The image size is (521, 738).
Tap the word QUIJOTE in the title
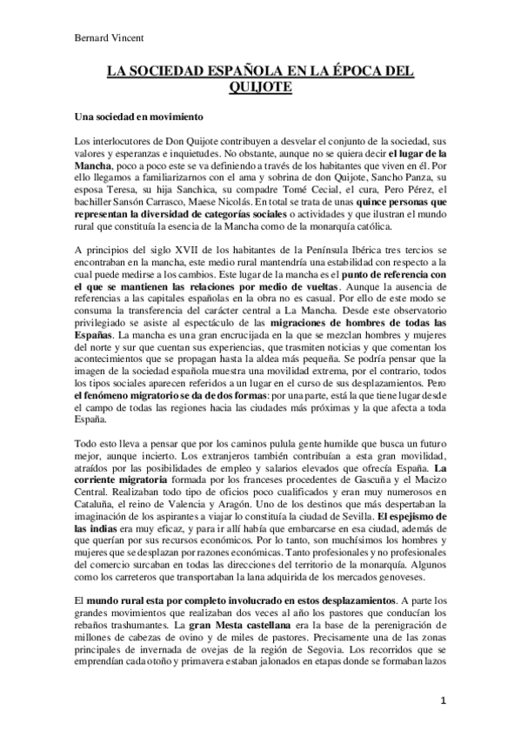tap(260, 87)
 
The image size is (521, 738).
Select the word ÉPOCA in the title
tap(350, 72)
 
